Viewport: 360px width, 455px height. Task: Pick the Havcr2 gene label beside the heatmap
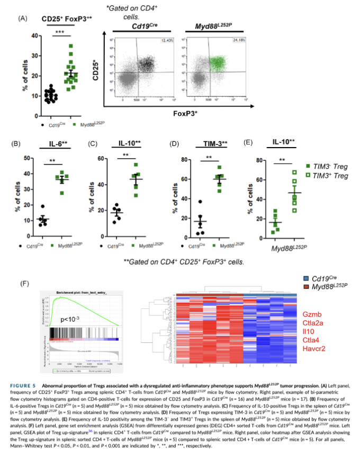pos(313,349)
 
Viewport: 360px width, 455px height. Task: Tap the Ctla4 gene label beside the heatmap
pos(310,340)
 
